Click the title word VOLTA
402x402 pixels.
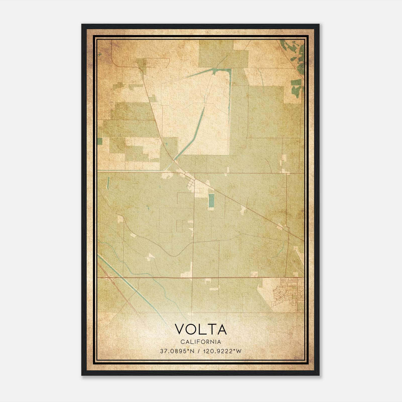point(200,329)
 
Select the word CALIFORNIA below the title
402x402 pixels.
point(200,342)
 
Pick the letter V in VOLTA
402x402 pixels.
point(180,329)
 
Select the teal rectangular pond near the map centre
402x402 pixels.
point(211,201)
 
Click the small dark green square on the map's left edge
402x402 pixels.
point(100,141)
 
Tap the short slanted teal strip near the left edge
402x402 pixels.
point(108,183)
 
